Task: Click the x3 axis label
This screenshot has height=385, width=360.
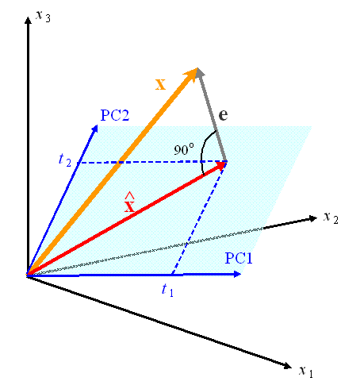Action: coord(43,16)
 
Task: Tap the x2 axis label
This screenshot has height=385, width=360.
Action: coord(331,218)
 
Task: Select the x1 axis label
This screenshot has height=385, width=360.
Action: coord(306,371)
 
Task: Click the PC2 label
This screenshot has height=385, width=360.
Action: coord(115,115)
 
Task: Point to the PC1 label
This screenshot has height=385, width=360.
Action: coord(239,258)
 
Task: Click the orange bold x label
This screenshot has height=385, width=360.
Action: coord(160,85)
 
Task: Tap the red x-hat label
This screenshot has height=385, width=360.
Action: coord(129,202)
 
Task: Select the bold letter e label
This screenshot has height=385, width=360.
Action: coord(224,114)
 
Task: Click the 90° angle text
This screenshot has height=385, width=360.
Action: coord(184,149)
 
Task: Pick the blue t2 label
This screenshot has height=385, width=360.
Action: coord(65,160)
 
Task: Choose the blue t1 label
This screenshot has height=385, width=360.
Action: coord(167,290)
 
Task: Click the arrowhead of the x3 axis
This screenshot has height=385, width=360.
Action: coord(28,20)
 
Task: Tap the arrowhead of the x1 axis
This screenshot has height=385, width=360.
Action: coord(287,366)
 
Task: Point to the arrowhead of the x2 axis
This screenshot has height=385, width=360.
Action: coord(313,218)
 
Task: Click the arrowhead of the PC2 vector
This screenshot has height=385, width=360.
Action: coord(95,129)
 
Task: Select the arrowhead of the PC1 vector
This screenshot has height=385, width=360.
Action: coord(237,274)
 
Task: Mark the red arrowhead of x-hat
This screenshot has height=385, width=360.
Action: coord(221,166)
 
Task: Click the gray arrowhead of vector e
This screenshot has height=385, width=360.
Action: coord(199,72)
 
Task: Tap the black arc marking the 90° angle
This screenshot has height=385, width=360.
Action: coord(203,151)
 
